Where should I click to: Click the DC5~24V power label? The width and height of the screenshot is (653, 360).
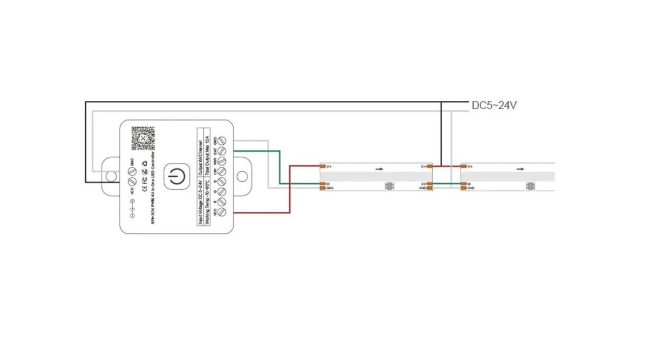pyautogui.click(x=494, y=105)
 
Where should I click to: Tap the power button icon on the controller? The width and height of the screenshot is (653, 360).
pyautogui.click(x=177, y=176)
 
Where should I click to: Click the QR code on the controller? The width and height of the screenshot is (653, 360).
pyautogui.click(x=143, y=138)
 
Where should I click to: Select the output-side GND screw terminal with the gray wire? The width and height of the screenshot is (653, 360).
pyautogui.click(x=222, y=141)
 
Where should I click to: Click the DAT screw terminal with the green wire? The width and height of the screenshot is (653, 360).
pyautogui.click(x=222, y=151)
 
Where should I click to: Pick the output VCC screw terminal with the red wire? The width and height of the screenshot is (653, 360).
pyautogui.click(x=222, y=212)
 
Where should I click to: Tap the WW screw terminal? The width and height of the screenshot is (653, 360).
pyautogui.click(x=222, y=161)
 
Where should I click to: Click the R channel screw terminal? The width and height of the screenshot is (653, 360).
pyautogui.click(x=222, y=202)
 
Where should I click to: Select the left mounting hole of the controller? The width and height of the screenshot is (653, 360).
pyautogui.click(x=111, y=176)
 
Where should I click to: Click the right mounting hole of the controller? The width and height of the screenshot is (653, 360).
pyautogui.click(x=242, y=176)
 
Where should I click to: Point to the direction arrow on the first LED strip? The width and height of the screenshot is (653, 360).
pyautogui.click(x=379, y=169)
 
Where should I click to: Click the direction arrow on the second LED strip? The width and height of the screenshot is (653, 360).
pyautogui.click(x=520, y=169)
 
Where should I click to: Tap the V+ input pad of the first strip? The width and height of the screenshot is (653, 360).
pyautogui.click(x=323, y=166)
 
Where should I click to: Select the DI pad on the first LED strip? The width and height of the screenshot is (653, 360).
pyautogui.click(x=323, y=184)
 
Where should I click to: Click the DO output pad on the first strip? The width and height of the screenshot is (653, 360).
pyautogui.click(x=429, y=184)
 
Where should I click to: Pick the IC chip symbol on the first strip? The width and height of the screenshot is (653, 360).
pyautogui.click(x=389, y=186)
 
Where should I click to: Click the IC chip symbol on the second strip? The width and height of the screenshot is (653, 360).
pyautogui.click(x=530, y=186)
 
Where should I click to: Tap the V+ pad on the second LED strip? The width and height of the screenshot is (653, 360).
pyautogui.click(x=464, y=166)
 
